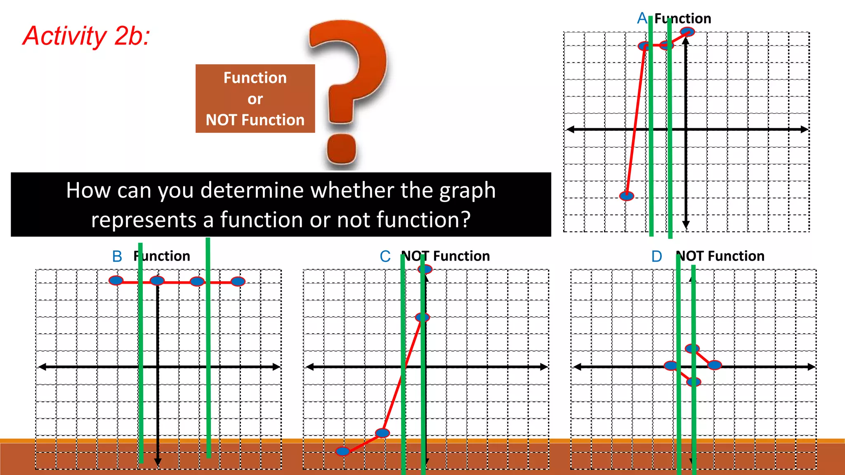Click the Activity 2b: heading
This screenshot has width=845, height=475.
click(x=86, y=36)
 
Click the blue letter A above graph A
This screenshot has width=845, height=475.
click(x=642, y=19)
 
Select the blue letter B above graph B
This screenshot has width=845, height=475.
click(x=117, y=256)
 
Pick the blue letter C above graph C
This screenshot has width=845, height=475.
click(x=385, y=256)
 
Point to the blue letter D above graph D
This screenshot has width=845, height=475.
click(x=656, y=256)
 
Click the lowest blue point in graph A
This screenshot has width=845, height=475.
click(x=627, y=196)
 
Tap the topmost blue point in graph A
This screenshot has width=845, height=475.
click(x=687, y=31)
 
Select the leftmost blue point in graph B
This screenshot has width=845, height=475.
click(x=116, y=281)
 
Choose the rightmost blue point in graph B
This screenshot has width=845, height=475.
click(x=238, y=282)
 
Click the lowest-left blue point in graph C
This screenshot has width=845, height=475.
click(x=342, y=451)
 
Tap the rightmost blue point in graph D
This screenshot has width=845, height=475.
click(x=715, y=365)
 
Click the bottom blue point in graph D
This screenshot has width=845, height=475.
click(x=694, y=382)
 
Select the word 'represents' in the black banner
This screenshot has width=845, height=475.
click(x=144, y=220)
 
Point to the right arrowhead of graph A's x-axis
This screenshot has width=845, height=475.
click(x=805, y=129)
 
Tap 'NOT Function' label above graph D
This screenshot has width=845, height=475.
click(x=720, y=256)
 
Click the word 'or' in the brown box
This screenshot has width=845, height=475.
click(x=255, y=99)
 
